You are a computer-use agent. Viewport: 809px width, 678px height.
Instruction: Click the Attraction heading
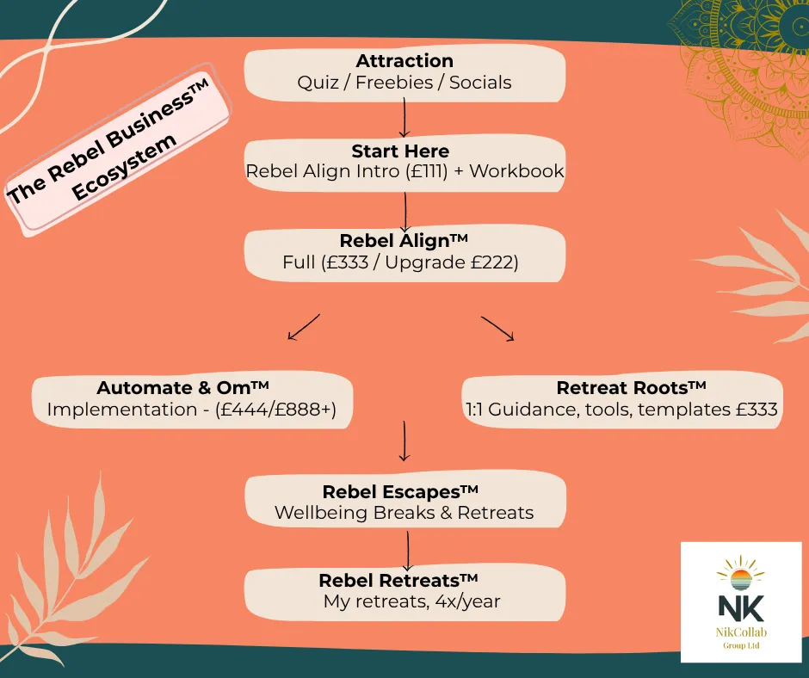pyautogui.click(x=404, y=61)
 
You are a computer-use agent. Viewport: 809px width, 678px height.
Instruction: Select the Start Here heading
pyautogui.click(x=400, y=151)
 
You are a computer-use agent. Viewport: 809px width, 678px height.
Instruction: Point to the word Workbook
pyautogui.click(x=516, y=171)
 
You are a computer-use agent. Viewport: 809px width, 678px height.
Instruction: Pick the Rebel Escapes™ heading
pyautogui.click(x=400, y=492)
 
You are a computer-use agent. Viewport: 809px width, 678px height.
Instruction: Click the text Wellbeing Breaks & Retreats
pyautogui.click(x=404, y=514)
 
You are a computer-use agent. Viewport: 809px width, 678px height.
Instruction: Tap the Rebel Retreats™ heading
pyautogui.click(x=398, y=581)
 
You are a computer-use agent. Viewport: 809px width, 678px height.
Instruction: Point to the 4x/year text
pyautogui.click(x=463, y=602)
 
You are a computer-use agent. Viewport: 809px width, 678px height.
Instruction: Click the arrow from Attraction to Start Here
pyautogui.click(x=404, y=118)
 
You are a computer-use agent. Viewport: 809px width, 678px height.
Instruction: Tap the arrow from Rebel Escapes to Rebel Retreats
pyautogui.click(x=407, y=548)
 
